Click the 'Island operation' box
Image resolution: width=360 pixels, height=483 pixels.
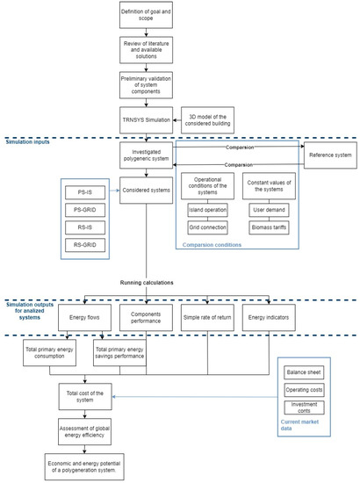tap(207, 210)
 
